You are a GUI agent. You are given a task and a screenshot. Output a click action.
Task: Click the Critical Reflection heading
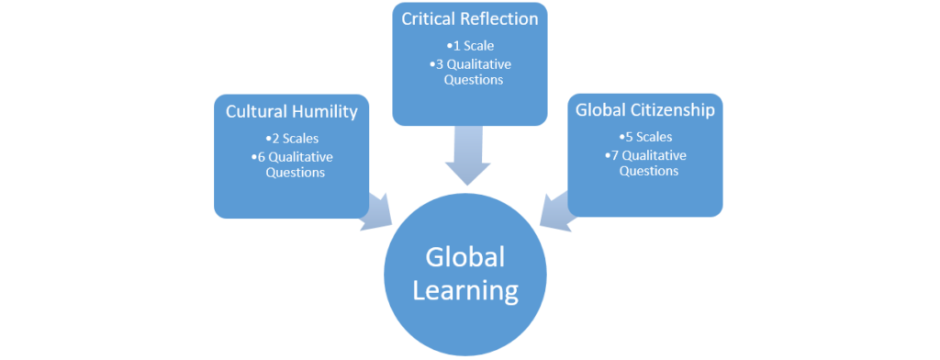tap(469, 18)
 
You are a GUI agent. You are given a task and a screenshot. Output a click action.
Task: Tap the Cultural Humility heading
tap(291, 112)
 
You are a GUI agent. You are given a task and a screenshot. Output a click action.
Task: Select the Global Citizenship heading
tap(644, 110)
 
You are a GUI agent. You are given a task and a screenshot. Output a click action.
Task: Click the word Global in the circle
tap(464, 256)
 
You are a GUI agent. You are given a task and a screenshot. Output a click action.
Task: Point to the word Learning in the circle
tap(464, 291)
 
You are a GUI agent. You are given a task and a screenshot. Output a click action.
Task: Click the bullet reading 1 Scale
tap(469, 46)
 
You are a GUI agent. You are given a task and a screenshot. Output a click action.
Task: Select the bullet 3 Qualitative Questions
tap(469, 72)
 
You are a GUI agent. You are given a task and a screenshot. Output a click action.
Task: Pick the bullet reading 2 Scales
tap(291, 140)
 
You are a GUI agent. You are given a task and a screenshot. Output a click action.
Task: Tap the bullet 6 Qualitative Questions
tap(291, 164)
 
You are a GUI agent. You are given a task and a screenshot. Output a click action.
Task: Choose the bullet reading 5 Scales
tap(644, 138)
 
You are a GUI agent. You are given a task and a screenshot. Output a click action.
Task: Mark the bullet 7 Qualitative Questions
tap(644, 163)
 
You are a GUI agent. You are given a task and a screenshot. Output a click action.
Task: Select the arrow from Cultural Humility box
tap(376, 212)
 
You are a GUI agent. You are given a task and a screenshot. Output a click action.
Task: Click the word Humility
tap(326, 112)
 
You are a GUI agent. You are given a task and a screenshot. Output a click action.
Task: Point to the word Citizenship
tap(669, 110)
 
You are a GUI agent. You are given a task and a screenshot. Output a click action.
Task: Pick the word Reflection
tap(500, 18)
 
